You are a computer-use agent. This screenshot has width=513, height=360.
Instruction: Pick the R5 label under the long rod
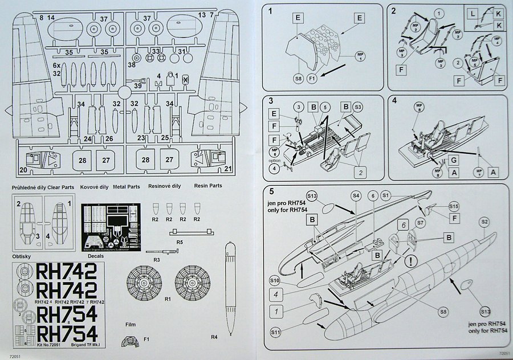click(x=179, y=242)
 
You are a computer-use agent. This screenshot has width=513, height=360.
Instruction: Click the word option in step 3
click(x=274, y=159)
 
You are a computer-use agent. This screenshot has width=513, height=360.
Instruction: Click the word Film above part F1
click(x=131, y=324)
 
